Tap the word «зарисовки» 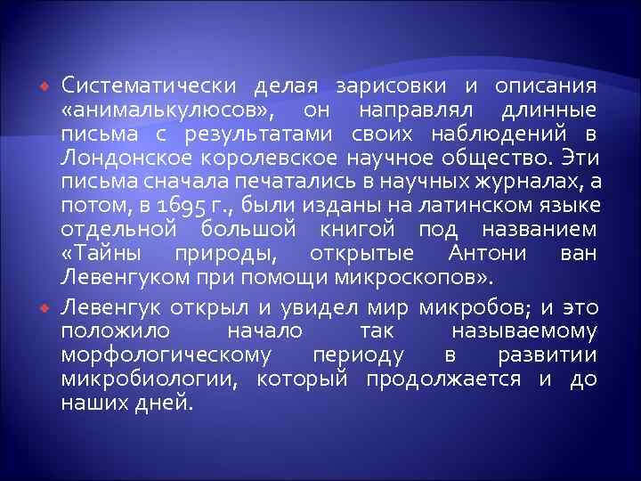(393, 86)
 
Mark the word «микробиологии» (152, 379)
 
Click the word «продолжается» (444, 379)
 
